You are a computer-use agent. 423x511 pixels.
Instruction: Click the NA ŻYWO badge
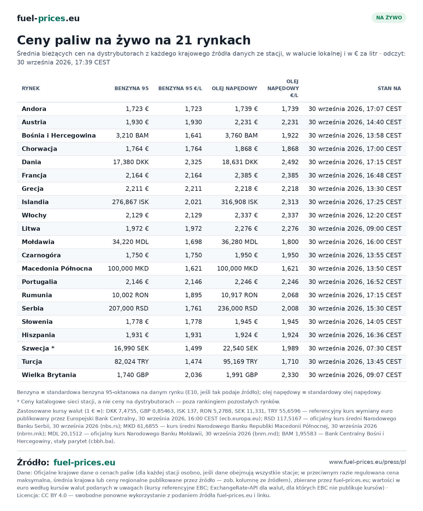click(x=389, y=18)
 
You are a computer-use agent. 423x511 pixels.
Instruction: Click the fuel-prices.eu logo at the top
click(x=48, y=18)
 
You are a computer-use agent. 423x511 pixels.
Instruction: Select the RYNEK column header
click(x=31, y=89)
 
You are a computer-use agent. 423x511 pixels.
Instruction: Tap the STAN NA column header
click(x=389, y=89)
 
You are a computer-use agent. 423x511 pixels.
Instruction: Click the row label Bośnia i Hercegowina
click(x=59, y=135)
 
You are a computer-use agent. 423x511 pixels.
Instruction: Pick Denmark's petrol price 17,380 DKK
click(x=131, y=162)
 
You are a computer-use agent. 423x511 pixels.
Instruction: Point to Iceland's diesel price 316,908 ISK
click(x=240, y=202)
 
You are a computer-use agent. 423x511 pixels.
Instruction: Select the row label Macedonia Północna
click(x=57, y=269)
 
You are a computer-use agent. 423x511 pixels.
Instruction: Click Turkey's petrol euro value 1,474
click(x=193, y=362)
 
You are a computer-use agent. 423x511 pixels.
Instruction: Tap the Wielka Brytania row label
click(x=49, y=375)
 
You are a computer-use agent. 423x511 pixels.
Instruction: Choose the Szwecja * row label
click(x=38, y=348)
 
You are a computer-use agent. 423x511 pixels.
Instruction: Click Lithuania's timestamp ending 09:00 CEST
click(x=355, y=229)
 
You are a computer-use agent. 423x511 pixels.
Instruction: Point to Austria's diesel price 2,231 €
click(x=246, y=122)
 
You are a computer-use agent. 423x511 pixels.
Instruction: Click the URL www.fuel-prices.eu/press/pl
click(x=367, y=462)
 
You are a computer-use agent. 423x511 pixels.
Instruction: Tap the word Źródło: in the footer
click(x=33, y=462)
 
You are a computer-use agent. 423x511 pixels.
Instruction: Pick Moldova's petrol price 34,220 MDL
click(x=131, y=242)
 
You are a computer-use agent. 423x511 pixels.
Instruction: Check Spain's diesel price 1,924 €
click(x=246, y=335)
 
